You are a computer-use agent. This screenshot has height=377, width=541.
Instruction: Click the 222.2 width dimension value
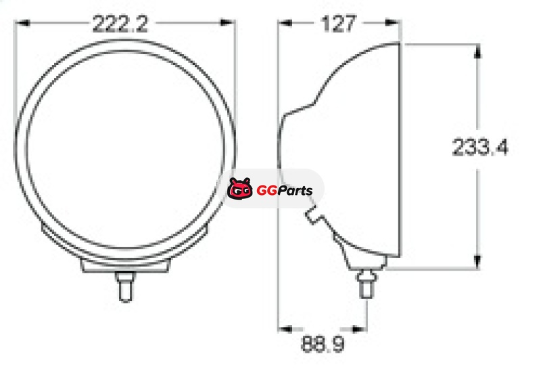[120, 24]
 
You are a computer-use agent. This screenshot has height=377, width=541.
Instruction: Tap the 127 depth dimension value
[338, 24]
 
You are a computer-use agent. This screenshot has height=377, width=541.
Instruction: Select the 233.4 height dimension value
[480, 146]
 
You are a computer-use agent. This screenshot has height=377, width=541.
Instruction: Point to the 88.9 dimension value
[323, 344]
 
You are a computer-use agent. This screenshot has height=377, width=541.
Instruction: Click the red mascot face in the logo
[239, 188]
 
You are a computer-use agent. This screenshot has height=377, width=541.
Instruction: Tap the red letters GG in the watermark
[267, 190]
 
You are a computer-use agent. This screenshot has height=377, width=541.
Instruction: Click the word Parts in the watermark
[296, 190]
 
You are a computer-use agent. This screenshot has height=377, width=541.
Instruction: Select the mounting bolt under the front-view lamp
[125, 286]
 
